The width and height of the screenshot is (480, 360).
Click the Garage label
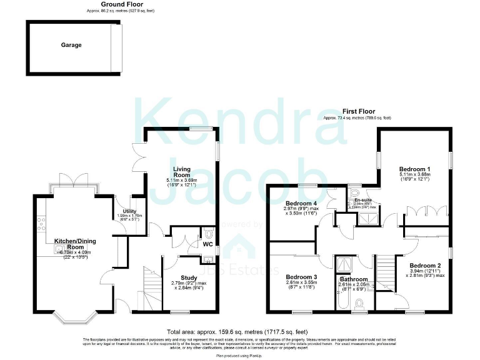click(x=71, y=45)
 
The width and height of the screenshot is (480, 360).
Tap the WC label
click(x=206, y=244)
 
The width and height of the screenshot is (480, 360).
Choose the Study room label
click(x=189, y=277)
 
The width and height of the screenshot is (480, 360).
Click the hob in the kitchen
click(x=41, y=220)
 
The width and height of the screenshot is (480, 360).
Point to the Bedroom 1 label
click(x=415, y=169)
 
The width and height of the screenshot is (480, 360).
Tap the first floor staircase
click(x=389, y=270)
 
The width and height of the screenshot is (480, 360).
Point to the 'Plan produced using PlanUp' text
click(x=239, y=355)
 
